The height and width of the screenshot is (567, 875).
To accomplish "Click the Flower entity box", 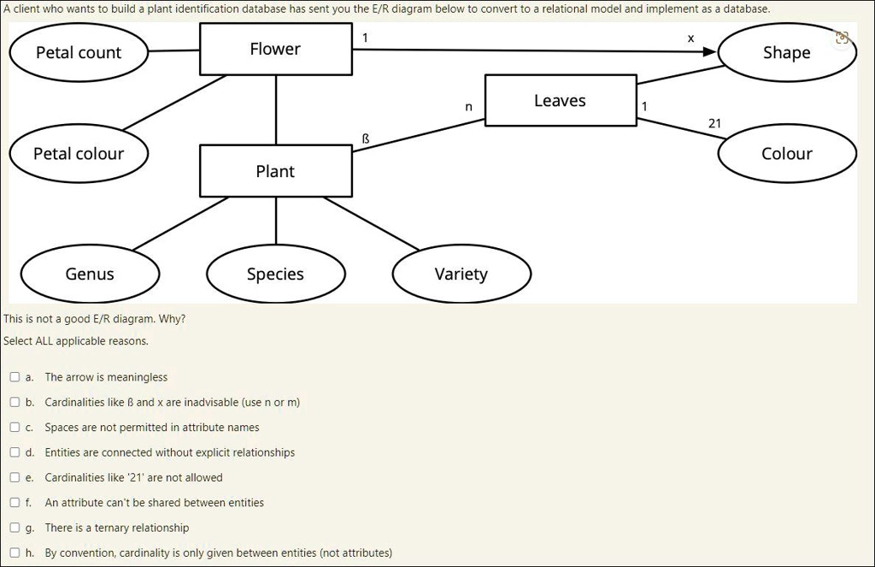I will tap(275, 50).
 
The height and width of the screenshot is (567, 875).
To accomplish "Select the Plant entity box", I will tap(275, 171).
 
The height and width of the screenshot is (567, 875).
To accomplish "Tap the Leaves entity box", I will tap(560, 101).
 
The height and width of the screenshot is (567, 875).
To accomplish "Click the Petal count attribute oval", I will tap(79, 53).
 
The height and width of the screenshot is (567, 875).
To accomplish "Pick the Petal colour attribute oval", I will tap(79, 154).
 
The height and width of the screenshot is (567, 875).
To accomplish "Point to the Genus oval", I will tap(90, 274).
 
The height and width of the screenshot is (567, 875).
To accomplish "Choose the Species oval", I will tap(275, 274).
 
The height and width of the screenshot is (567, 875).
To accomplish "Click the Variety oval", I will tap(461, 274).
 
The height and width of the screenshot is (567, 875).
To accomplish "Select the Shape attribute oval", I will tap(786, 53).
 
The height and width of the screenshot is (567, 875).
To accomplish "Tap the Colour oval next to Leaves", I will tap(786, 154).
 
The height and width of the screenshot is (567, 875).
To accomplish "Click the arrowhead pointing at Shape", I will tap(709, 52).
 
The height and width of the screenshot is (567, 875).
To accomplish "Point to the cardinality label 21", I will tap(714, 124).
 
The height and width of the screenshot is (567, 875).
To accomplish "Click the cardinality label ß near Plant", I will tap(366, 138).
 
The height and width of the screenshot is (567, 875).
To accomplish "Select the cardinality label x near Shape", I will tap(690, 38).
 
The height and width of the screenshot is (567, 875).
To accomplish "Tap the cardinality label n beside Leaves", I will tap(467, 108).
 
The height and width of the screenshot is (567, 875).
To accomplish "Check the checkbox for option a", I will tap(15, 377).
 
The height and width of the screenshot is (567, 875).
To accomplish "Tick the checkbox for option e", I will tap(15, 477).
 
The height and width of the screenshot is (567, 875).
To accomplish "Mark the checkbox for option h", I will tap(15, 552).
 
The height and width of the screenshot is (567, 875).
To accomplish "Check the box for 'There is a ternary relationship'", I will tap(15, 528).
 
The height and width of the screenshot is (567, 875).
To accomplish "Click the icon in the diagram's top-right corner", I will tap(843, 38).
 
